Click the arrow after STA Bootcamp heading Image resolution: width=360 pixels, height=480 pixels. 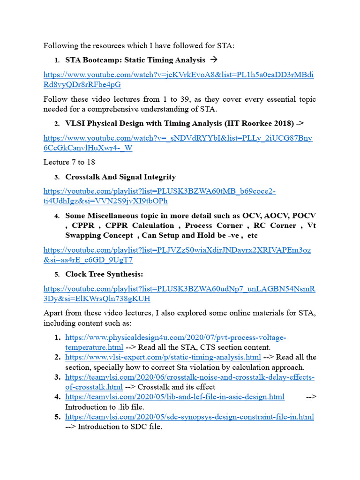point(214,60)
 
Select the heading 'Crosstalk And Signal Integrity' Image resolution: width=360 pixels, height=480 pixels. point(120,177)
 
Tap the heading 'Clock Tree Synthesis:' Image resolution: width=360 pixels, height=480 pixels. point(104,274)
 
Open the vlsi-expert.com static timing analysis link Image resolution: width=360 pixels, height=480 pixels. point(163,357)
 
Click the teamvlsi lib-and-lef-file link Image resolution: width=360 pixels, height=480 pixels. point(174,397)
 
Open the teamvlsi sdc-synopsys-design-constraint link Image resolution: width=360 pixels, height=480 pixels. point(189,416)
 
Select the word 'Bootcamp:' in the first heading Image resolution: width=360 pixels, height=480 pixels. point(99,60)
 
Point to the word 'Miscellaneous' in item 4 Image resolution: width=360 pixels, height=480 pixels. point(114,216)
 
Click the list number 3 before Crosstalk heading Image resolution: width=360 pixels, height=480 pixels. point(56,177)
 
